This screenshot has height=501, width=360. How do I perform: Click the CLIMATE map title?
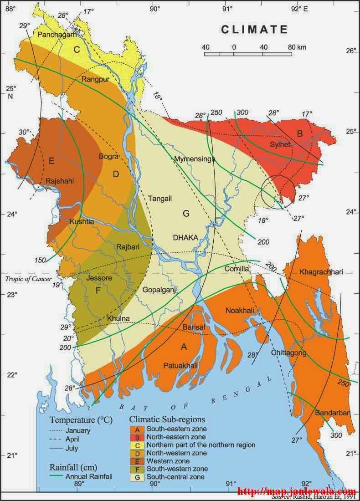point(255,30)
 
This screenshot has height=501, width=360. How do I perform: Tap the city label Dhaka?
point(185,237)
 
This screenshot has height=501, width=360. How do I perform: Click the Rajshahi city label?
point(60,181)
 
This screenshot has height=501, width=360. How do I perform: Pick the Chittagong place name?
point(288,353)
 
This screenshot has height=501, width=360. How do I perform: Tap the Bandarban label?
point(332,413)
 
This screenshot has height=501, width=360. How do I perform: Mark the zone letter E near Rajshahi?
point(51,160)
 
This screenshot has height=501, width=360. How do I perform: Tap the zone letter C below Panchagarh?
point(77,50)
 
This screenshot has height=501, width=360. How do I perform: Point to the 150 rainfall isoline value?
point(40,260)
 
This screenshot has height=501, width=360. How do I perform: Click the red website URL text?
point(297,492)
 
